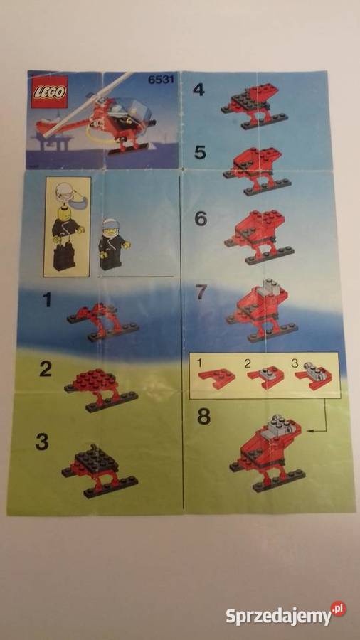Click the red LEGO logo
point(49,93)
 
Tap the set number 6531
point(161,79)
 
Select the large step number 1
point(48,301)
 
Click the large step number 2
point(46,370)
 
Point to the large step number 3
point(42,442)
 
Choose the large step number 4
point(198,90)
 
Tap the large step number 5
point(200,152)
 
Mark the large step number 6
point(201,219)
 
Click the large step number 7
point(201,292)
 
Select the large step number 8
point(203,416)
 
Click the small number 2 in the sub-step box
point(248,364)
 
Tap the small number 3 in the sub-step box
point(295,363)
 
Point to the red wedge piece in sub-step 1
point(217,377)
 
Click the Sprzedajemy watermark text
point(279,616)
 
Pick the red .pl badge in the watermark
point(338,609)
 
